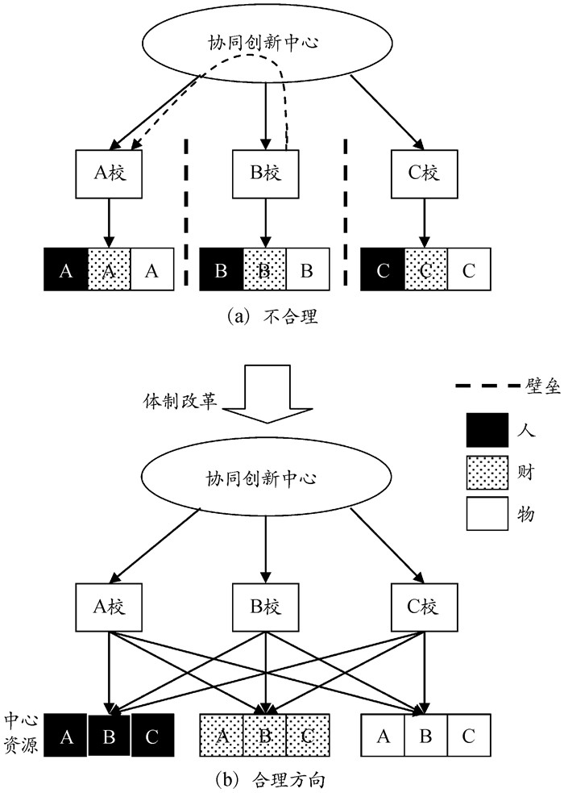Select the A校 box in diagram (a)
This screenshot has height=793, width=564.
110,173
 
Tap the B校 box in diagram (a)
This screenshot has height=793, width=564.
264,173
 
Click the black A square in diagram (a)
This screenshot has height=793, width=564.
65,269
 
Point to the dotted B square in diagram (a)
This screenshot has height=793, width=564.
264,269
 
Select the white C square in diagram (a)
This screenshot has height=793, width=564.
469,269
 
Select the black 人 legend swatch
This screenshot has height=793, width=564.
487,429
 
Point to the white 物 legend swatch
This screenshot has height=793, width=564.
487,512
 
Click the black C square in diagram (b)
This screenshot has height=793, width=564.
152,735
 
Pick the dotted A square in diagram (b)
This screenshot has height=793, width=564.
221,735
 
